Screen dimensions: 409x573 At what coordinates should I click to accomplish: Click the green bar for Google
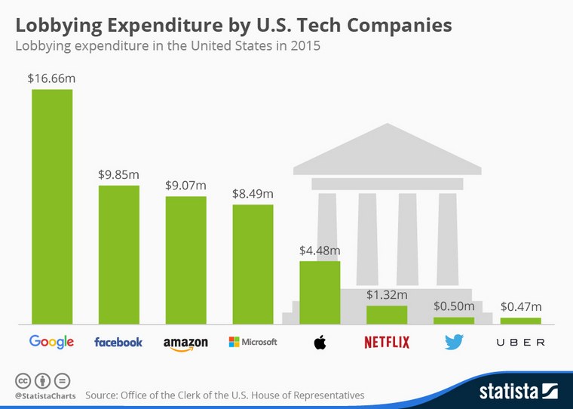pyautogui.click(x=51, y=206)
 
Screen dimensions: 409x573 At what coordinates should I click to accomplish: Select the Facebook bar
pyautogui.click(x=118, y=254)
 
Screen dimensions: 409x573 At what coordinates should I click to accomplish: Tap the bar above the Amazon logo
pyautogui.click(x=185, y=260)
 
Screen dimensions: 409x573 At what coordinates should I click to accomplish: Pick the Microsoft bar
pyautogui.click(x=253, y=264)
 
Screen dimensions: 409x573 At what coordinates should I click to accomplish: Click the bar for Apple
pyautogui.click(x=320, y=293)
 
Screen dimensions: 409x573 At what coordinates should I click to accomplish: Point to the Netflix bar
pyautogui.click(x=386, y=315)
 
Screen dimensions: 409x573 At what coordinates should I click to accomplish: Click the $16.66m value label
pyautogui.click(x=51, y=78)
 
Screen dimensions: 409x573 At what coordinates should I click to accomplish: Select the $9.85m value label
pyautogui.click(x=118, y=174)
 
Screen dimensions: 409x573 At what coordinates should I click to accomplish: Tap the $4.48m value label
pyautogui.click(x=320, y=250)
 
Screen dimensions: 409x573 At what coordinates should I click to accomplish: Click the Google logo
pyautogui.click(x=51, y=342)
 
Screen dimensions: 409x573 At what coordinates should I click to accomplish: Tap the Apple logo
pyautogui.click(x=320, y=342)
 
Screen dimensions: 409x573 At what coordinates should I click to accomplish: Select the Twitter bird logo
pyautogui.click(x=453, y=342)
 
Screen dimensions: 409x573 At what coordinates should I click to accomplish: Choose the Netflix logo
pyautogui.click(x=386, y=342)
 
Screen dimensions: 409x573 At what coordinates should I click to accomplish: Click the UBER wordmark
pyautogui.click(x=520, y=343)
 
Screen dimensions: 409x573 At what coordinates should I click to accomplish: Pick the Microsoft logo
pyautogui.click(x=253, y=342)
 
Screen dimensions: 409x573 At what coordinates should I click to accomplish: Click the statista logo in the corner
pyautogui.click(x=518, y=391)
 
